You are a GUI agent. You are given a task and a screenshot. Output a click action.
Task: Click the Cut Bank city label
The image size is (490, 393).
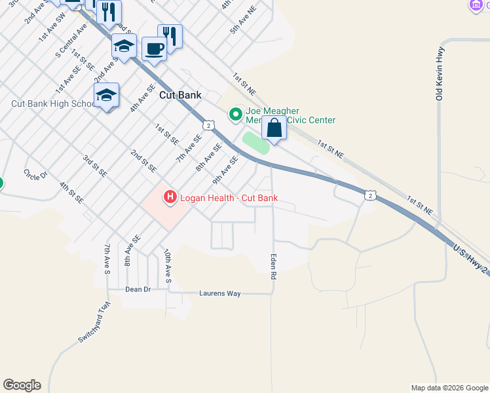click(x=180, y=95)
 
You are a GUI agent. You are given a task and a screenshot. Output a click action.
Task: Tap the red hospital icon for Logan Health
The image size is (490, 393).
click(x=170, y=196)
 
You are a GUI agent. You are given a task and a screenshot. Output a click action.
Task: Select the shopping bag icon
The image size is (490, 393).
click(x=274, y=128)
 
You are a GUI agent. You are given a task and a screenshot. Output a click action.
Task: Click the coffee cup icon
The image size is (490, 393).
click(x=154, y=49)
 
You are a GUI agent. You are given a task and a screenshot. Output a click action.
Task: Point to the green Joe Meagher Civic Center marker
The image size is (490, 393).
click(x=235, y=115)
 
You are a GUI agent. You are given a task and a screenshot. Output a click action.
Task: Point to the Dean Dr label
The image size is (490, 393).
click(x=138, y=289)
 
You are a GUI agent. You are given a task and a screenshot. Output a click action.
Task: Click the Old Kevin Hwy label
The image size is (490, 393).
click(x=440, y=73)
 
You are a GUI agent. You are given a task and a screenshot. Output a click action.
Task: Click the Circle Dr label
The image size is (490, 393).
click(x=36, y=175)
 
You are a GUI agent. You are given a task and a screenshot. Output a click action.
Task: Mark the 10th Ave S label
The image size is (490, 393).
click(x=168, y=265)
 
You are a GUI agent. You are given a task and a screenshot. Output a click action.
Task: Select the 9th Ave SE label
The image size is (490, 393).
click(x=224, y=169)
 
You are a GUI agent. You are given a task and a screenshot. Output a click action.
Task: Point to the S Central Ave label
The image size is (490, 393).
click(x=71, y=41)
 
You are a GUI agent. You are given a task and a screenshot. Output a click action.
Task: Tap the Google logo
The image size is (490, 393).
click(x=22, y=385)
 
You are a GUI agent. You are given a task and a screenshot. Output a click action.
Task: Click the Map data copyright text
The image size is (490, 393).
click(x=449, y=388)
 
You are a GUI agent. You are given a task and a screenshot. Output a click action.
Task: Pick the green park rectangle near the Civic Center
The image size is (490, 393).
click(x=256, y=143)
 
